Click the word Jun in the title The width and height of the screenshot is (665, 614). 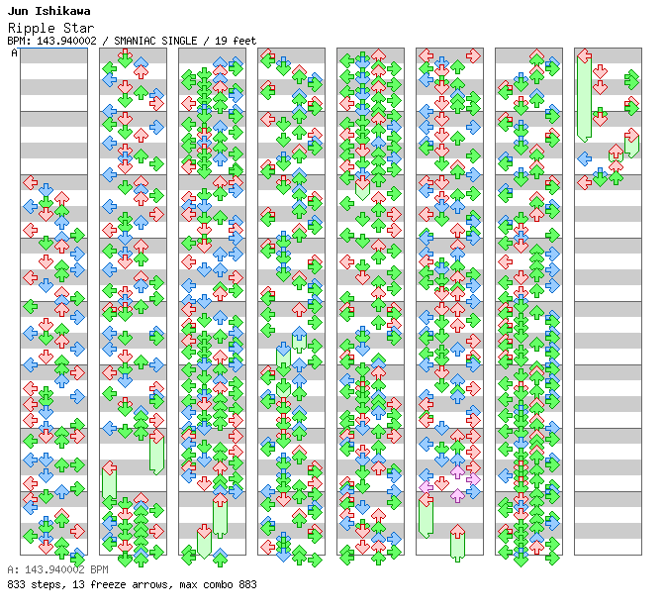(x=18, y=11)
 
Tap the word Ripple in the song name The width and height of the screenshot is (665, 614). (x=28, y=28)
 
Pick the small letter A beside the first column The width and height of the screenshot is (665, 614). (x=15, y=53)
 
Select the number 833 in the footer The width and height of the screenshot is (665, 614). (x=16, y=584)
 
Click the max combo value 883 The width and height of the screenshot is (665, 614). (x=246, y=584)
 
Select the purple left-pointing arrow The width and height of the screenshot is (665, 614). (x=427, y=485)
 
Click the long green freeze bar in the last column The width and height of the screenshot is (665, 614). (x=585, y=99)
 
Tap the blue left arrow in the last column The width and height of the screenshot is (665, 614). (x=585, y=157)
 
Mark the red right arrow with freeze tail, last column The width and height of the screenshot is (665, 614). (x=630, y=139)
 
